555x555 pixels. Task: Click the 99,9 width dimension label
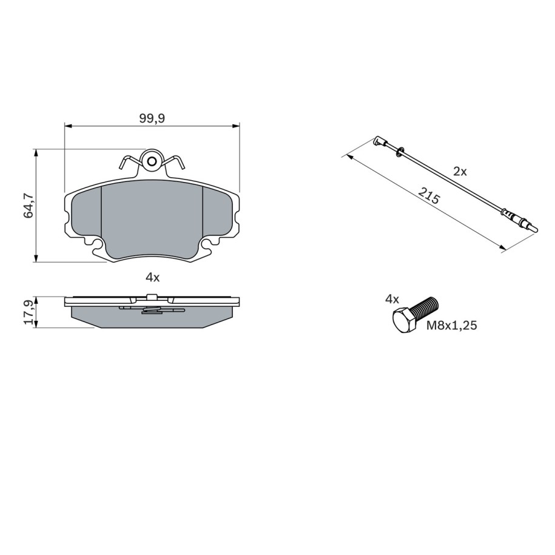152,118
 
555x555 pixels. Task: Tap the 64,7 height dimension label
29,206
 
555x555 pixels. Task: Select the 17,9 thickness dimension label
29,312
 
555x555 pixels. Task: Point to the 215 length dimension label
429,196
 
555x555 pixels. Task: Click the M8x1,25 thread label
452,325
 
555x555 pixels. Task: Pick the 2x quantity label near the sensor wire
460,172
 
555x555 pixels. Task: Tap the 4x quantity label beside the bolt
392,300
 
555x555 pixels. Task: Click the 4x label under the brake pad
153,278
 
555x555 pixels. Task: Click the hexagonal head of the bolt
405,320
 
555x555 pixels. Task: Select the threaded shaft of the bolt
426,308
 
